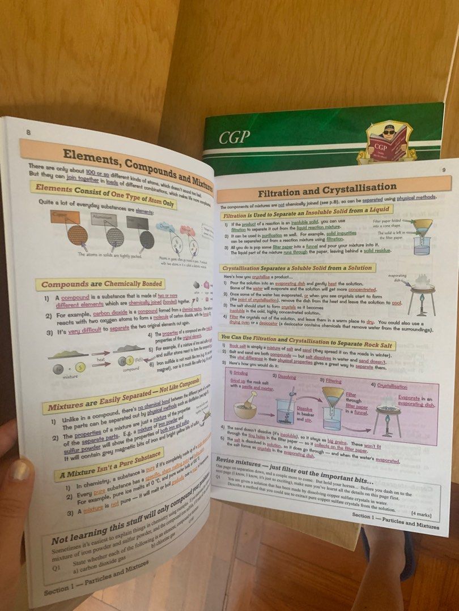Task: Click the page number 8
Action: [28, 132]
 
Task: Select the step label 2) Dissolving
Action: [285, 376]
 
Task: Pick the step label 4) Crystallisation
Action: [389, 386]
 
